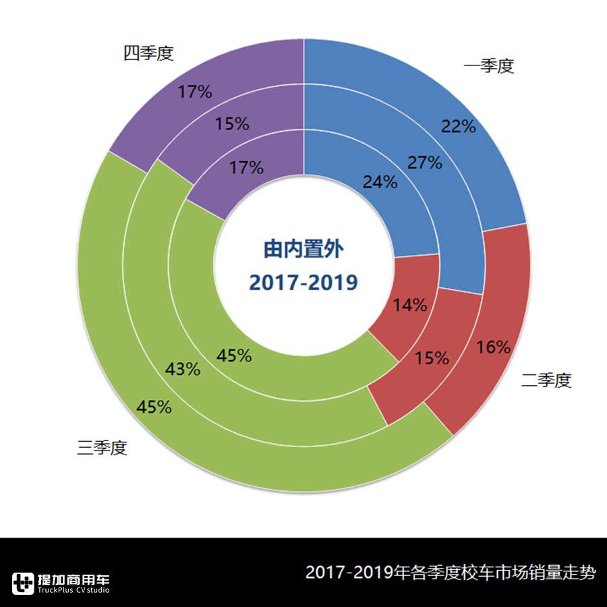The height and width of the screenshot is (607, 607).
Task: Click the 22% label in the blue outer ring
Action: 459,126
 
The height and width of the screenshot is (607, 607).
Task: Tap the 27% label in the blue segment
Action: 425,163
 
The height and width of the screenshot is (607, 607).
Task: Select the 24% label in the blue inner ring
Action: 380,182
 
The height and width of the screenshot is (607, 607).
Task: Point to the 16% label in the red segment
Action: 493,347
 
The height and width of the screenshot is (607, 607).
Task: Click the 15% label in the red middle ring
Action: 432,358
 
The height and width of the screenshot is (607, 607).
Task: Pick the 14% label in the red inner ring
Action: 410,305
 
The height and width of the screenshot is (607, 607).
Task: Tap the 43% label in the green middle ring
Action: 183,370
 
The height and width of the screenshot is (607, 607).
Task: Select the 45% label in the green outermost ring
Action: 154,407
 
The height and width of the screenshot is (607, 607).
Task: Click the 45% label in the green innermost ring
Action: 234,355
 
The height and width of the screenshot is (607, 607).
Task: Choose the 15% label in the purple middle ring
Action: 232,124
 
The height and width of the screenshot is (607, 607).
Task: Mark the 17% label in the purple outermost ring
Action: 195,92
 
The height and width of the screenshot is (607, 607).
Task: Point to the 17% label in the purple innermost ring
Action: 246,168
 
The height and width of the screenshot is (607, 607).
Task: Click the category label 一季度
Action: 489,66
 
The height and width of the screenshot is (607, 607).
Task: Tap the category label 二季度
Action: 546,381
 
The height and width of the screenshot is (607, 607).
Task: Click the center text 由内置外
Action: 303,250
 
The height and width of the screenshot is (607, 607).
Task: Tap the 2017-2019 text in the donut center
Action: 303,283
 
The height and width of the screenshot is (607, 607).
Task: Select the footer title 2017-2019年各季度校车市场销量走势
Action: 451,573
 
